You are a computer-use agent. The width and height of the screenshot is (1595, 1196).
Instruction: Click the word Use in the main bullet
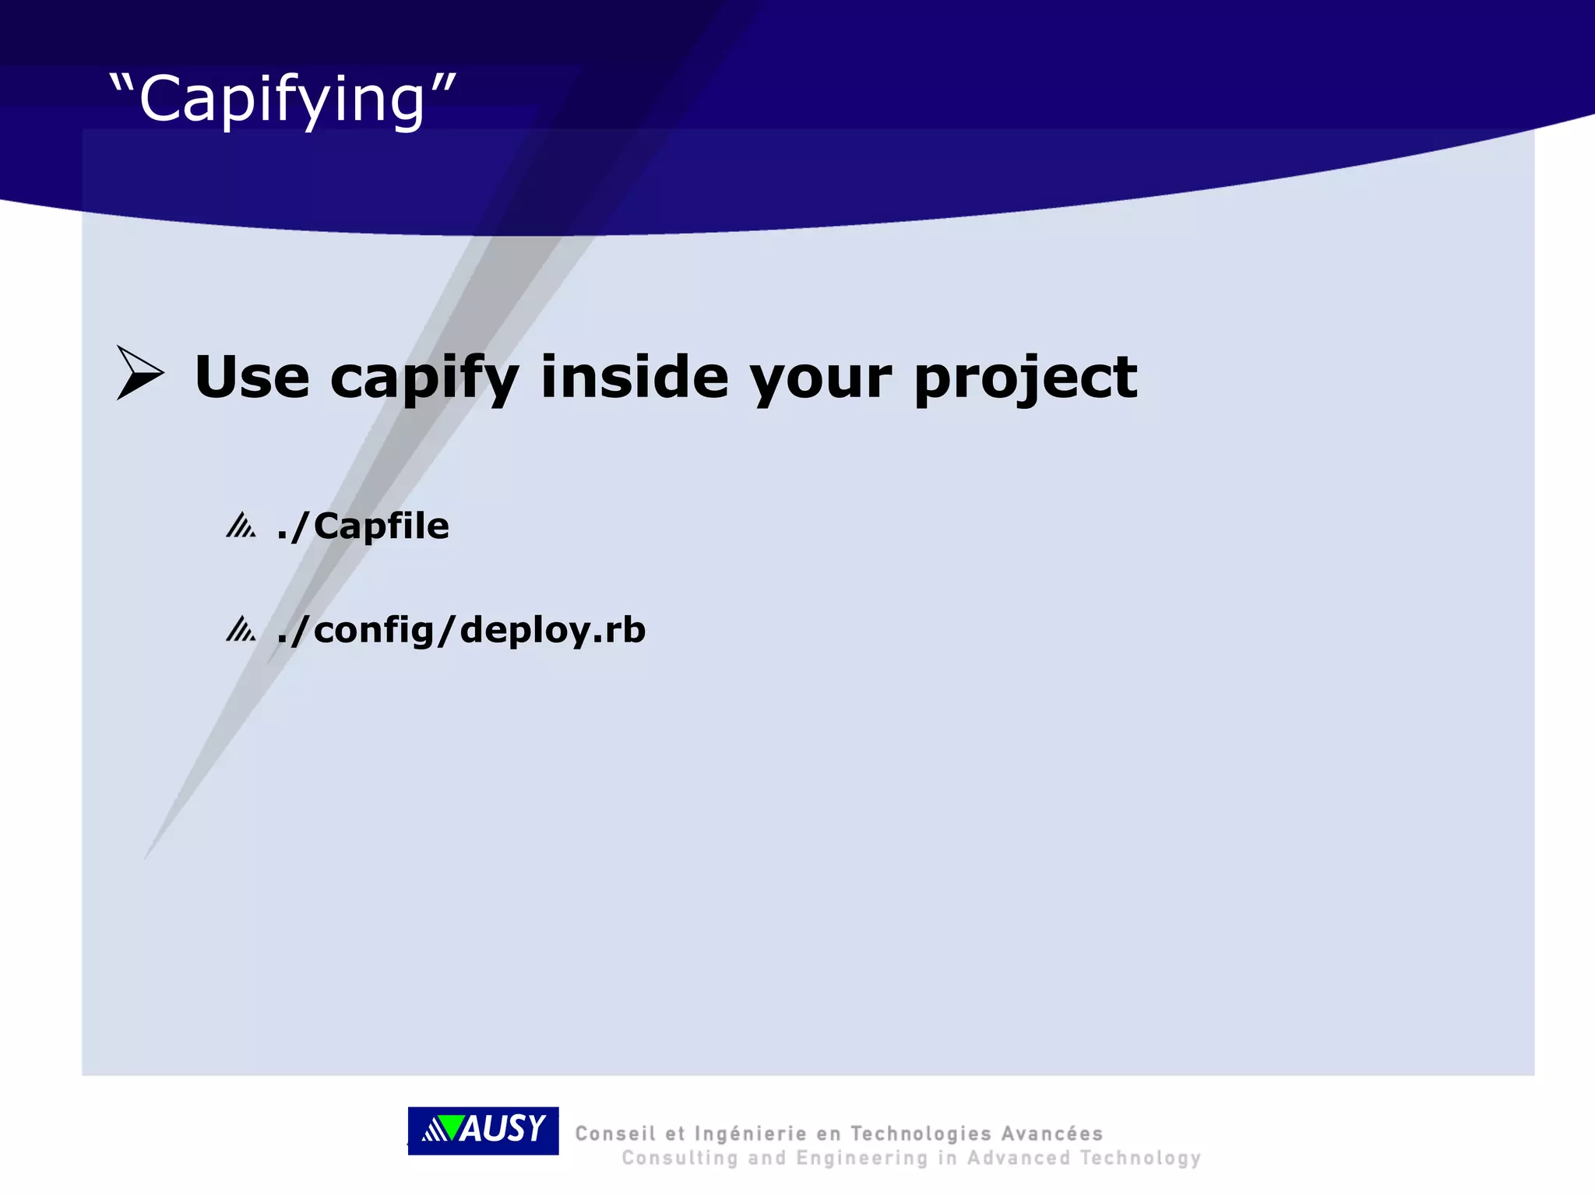[x=252, y=378]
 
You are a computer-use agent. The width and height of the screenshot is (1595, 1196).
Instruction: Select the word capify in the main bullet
[x=424, y=378]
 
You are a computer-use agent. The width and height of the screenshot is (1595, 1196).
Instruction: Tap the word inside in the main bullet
[x=634, y=378]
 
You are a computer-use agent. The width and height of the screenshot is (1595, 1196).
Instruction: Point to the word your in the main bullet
[x=820, y=378]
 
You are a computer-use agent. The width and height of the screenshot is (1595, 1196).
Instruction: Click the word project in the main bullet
[x=1025, y=378]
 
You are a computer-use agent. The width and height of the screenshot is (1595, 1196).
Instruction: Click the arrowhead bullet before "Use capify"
[x=139, y=373]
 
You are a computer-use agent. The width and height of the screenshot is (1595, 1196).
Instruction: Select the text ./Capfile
[x=363, y=527]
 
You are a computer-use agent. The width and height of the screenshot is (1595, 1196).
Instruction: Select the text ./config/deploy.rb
[x=461, y=630]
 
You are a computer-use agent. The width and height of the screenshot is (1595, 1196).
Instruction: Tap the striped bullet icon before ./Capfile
[x=241, y=526]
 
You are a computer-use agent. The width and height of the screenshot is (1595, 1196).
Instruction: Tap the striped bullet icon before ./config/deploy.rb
[x=241, y=629]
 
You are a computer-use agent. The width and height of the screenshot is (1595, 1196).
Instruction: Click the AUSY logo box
[x=483, y=1131]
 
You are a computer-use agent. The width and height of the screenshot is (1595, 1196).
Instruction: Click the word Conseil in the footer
[x=614, y=1134]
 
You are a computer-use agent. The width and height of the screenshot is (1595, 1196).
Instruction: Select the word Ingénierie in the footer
[x=750, y=1134]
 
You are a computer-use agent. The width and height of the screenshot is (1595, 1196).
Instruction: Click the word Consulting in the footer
[x=679, y=1159]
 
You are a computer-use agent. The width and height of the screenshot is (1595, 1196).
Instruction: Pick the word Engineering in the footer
[x=862, y=1159]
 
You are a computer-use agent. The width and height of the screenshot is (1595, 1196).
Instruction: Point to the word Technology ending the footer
[x=1140, y=1159]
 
